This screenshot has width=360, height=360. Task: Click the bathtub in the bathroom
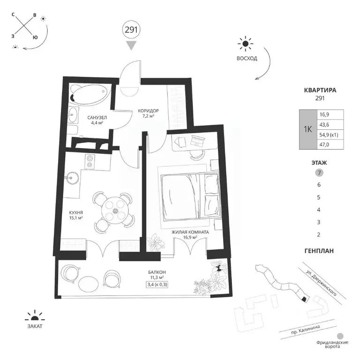pos(90,94)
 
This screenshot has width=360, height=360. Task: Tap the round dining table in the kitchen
pos(114,210)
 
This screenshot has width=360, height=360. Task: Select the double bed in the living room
pos(190,196)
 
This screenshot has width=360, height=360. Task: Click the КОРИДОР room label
pos(148,111)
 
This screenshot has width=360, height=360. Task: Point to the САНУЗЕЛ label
pos(97,118)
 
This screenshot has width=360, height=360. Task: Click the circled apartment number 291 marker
pos(131,30)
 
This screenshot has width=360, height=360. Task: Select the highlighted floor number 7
pos(319,172)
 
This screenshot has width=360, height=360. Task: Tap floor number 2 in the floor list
pos(319,235)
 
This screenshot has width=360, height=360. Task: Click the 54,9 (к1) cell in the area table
pos(329,135)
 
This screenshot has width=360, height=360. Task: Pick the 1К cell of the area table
pos(308,129)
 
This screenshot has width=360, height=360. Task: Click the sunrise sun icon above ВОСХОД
pos(246,44)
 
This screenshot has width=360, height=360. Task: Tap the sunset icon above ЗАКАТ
pos(35,316)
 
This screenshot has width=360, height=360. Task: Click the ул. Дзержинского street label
pos(322,283)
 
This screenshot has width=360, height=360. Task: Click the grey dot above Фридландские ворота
pos(340,336)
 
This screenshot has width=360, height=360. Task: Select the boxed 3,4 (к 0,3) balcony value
pos(157,285)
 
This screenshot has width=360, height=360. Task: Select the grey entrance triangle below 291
pos(131,45)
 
